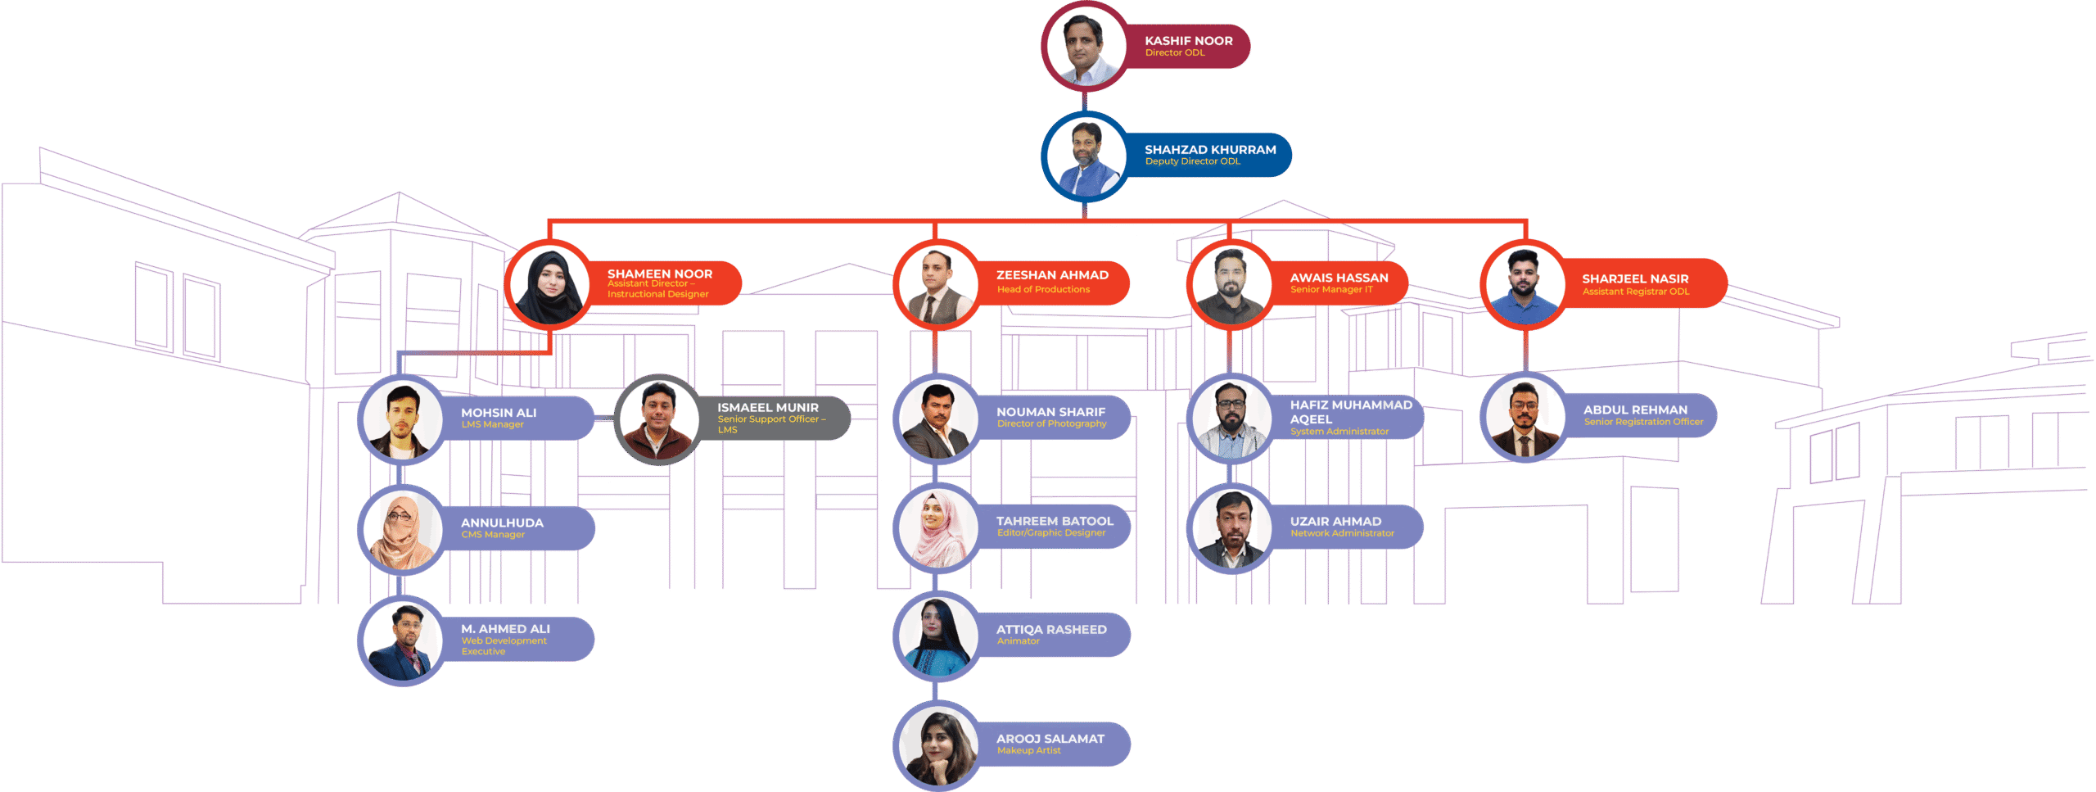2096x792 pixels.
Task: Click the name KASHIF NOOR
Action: (x=1188, y=41)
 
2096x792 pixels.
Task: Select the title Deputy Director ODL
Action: (x=1192, y=161)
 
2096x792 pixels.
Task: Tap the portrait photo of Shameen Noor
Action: (x=549, y=285)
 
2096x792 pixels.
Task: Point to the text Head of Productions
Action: (x=1043, y=289)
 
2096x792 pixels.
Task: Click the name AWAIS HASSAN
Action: (x=1339, y=278)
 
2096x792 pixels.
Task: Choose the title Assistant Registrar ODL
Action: (x=1635, y=292)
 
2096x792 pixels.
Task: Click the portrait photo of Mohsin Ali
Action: (x=401, y=420)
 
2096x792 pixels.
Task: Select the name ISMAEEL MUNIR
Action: (x=767, y=407)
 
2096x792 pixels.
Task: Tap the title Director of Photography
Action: (x=1051, y=423)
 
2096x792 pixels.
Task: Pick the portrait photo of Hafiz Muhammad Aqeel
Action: (x=1231, y=419)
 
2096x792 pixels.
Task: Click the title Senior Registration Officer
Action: (x=1643, y=422)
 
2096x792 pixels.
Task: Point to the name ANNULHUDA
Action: (x=502, y=523)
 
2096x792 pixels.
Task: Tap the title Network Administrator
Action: (x=1342, y=533)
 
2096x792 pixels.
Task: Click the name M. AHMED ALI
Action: (x=505, y=629)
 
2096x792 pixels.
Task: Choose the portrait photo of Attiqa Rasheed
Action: (x=937, y=636)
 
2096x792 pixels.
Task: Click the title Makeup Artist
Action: (x=1028, y=750)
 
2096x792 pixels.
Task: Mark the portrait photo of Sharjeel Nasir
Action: (x=1524, y=285)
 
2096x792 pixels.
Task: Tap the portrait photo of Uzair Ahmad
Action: (x=1231, y=529)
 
